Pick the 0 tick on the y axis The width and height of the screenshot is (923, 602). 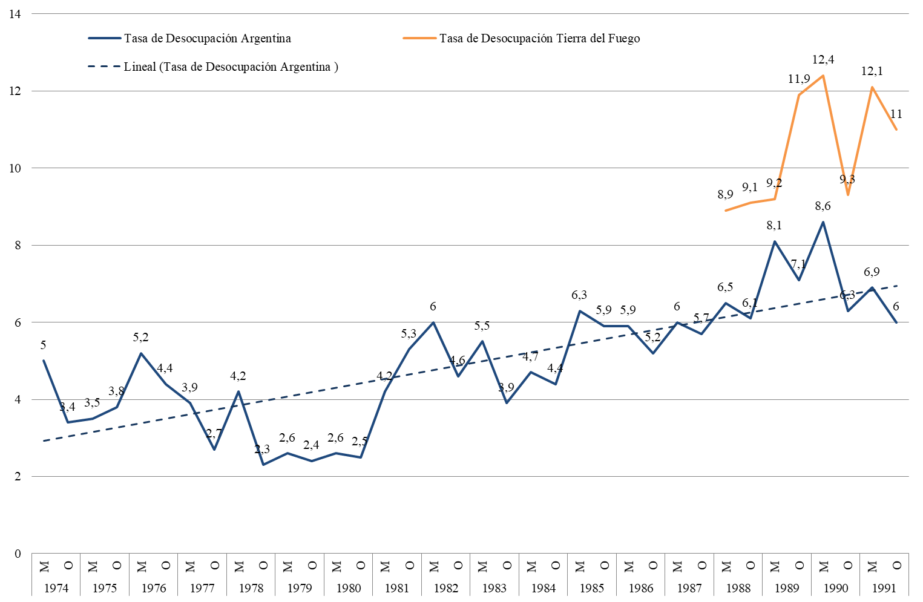pos(18,554)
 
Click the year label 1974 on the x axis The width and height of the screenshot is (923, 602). pos(56,588)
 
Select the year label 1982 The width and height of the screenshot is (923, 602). pos(446,588)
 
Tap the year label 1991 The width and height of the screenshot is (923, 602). pos(884,588)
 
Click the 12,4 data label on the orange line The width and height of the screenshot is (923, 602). pos(823,60)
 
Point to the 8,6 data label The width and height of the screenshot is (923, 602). pos(823,206)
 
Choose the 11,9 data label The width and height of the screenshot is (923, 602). pos(799,79)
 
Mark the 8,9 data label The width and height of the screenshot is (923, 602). pos(725,195)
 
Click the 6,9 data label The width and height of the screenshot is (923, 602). pos(872,272)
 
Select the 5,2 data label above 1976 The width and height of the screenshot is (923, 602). pos(140,338)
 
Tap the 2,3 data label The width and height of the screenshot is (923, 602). pos(262,450)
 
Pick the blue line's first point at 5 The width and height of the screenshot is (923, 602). pos(44,361)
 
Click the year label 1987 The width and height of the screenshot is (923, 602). pos(689,588)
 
